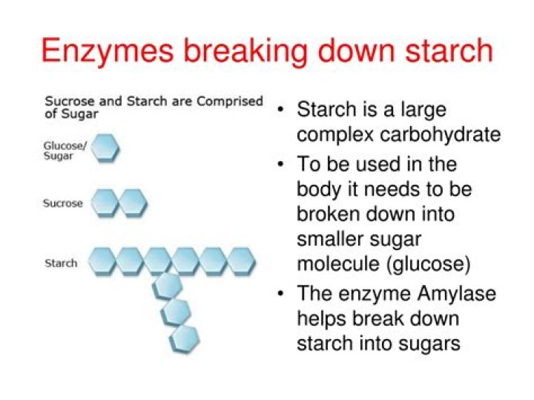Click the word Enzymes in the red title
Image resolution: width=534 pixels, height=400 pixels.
click(107, 51)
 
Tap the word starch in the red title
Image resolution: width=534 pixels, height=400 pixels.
click(449, 50)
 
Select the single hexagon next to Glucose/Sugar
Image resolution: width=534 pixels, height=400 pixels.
click(105, 148)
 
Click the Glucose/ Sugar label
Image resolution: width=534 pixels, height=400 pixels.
click(65, 151)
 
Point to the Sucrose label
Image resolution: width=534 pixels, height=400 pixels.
click(62, 203)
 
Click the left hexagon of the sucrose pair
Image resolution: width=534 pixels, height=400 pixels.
click(105, 203)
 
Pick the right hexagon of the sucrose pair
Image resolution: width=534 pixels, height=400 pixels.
click(133, 203)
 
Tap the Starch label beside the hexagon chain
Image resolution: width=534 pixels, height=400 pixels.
click(61, 263)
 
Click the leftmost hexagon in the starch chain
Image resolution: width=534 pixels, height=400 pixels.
click(102, 262)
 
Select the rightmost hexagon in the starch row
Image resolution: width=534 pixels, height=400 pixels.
click(241, 262)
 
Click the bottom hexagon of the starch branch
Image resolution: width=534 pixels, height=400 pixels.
click(184, 339)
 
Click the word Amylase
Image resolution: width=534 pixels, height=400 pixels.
click(457, 295)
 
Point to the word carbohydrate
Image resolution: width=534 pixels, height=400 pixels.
click(440, 134)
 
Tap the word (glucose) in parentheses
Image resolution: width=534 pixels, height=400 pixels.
click(429, 264)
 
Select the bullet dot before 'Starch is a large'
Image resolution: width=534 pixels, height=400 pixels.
click(280, 110)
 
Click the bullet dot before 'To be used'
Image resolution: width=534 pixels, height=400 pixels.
click(280, 165)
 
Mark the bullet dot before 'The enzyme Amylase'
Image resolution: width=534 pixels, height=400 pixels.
click(280, 293)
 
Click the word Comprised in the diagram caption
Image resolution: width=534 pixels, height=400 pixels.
click(230, 102)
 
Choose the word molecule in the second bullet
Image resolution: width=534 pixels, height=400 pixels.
click(338, 263)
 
